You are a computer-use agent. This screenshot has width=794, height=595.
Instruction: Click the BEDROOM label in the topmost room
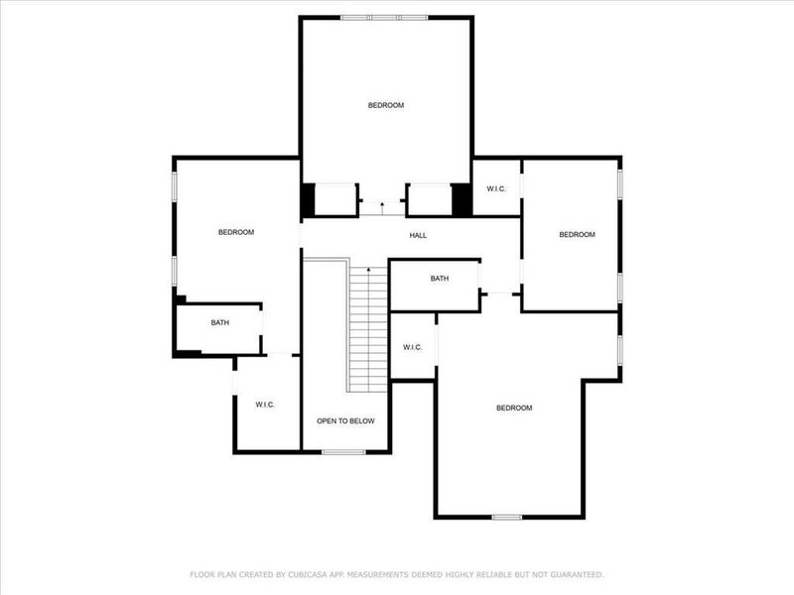click(x=386, y=105)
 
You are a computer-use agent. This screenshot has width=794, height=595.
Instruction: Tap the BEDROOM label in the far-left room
click(x=236, y=232)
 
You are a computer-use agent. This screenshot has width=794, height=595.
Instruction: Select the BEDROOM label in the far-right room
click(x=577, y=235)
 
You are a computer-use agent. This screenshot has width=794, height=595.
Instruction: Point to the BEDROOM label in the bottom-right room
click(x=514, y=409)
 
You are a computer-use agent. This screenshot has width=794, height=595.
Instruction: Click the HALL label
click(x=418, y=236)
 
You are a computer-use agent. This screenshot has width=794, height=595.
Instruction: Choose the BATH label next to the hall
click(x=440, y=279)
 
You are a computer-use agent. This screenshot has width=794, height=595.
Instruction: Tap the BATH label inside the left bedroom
click(x=220, y=323)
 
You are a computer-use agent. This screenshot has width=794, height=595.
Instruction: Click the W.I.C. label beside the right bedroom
click(x=495, y=190)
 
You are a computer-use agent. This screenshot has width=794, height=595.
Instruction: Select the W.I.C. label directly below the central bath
click(x=413, y=347)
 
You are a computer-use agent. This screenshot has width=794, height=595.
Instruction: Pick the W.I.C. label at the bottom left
click(x=265, y=405)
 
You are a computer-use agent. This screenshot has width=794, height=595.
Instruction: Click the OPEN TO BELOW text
click(x=345, y=421)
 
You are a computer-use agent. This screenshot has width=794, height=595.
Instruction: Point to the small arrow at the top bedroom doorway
click(x=382, y=204)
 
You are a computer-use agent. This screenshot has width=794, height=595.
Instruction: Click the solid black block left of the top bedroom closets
click(x=308, y=200)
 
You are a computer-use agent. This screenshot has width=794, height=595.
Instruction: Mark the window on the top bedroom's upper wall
click(x=384, y=17)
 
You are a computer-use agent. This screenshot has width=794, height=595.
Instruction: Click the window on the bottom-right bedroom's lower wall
click(x=507, y=517)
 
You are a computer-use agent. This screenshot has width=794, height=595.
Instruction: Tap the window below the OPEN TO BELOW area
click(x=343, y=452)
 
